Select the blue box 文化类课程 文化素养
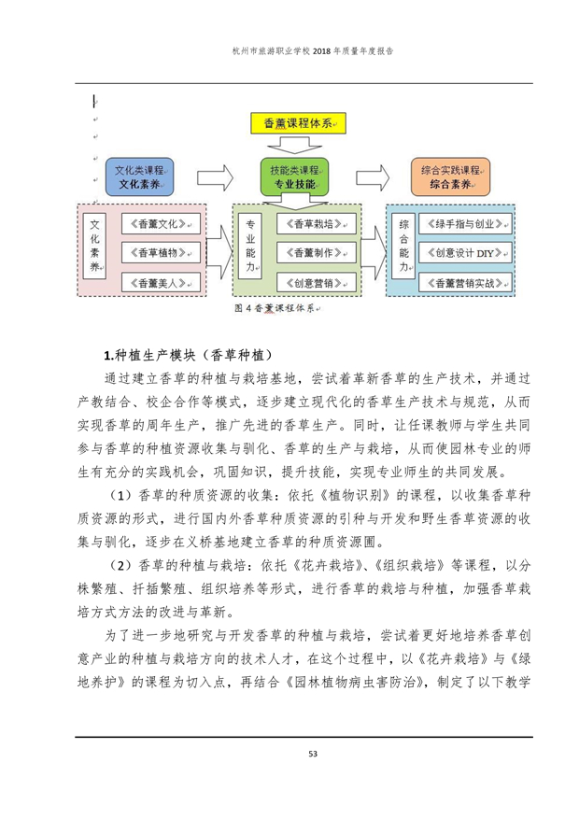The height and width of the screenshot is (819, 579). [x=139, y=177]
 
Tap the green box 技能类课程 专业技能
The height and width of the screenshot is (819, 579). [x=295, y=177]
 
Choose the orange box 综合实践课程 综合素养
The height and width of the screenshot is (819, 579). [x=450, y=177]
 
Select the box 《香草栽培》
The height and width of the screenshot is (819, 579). [x=317, y=224]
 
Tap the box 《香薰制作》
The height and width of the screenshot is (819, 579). [x=317, y=252]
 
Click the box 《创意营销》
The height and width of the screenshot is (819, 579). [x=317, y=281]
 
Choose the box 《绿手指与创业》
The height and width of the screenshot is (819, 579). [x=467, y=224]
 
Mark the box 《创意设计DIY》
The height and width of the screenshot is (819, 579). [x=467, y=252]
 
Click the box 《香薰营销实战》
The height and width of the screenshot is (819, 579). [x=467, y=281]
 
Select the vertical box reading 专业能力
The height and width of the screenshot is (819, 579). [x=249, y=247]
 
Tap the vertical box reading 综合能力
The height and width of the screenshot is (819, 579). [x=404, y=247]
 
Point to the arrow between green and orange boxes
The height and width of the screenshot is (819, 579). [x=373, y=177]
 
